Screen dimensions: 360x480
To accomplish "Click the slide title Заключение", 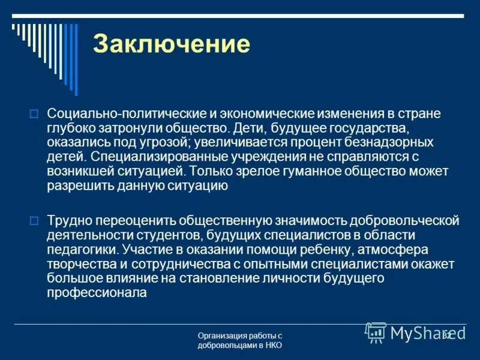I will (171, 45).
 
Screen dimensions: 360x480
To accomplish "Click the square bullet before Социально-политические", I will (34, 112).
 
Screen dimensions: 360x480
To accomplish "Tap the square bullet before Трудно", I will (34, 220).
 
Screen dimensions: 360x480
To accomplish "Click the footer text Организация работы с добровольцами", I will (240, 336).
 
